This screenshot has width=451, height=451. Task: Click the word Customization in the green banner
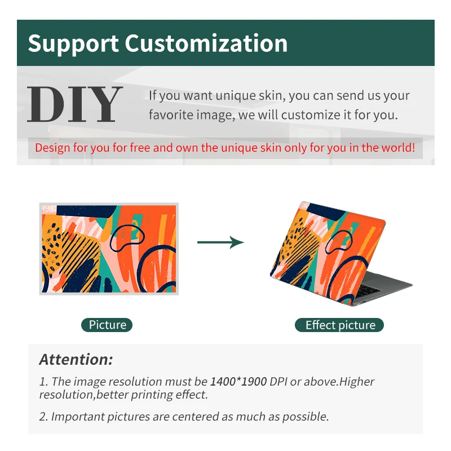tap(206, 43)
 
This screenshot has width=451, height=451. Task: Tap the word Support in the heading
tap(73, 44)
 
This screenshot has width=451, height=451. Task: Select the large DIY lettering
tap(74, 104)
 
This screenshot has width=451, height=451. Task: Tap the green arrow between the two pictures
tap(220, 242)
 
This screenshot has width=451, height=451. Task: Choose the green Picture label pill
tap(107, 325)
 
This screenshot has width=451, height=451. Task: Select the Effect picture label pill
tap(339, 325)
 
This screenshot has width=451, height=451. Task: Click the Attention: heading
tap(76, 359)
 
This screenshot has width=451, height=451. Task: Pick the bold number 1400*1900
tap(238, 382)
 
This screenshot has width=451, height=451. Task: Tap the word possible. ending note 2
tap(306, 417)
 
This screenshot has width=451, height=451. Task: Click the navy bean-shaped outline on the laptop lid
tap(339, 242)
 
